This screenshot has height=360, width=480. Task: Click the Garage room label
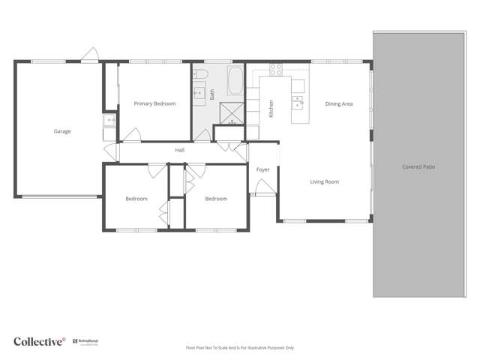[x=62, y=131]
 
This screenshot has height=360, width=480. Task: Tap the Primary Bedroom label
[x=154, y=103]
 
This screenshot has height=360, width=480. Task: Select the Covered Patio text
[x=418, y=167]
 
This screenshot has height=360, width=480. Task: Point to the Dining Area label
[x=338, y=104]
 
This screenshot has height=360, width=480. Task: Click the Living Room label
[x=325, y=181]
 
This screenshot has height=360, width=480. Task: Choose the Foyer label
[x=262, y=169]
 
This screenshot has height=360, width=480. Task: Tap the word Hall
[x=180, y=151]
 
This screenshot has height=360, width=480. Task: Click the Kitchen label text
[x=271, y=109]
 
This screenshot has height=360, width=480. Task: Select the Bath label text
[x=212, y=94]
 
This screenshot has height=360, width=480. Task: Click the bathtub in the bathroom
[x=235, y=79]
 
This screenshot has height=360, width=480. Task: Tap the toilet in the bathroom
[x=200, y=73]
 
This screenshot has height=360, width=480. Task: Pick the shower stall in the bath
[x=231, y=112]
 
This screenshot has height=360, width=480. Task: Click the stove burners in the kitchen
[x=276, y=70]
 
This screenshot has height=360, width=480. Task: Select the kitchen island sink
[x=298, y=102]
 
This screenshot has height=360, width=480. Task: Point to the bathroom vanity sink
[x=199, y=94]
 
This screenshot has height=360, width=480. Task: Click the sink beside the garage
[x=110, y=120]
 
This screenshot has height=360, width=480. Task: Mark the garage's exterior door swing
[x=91, y=55]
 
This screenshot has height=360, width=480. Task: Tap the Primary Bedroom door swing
[x=132, y=135]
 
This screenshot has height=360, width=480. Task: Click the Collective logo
[x=40, y=341]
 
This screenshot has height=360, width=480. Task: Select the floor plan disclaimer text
[x=239, y=348]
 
